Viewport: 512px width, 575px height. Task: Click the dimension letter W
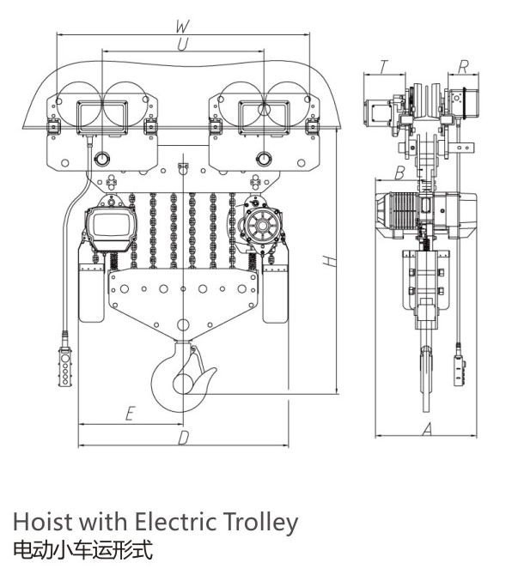click(x=182, y=27)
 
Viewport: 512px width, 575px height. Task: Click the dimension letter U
click(x=183, y=45)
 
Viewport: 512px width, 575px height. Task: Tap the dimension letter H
click(x=330, y=261)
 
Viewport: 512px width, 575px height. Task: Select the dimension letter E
click(x=130, y=413)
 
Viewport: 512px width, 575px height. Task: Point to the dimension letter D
click(x=184, y=438)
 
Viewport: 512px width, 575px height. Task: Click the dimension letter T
click(x=383, y=67)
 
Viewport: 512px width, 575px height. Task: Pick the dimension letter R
click(x=464, y=67)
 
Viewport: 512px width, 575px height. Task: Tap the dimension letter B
click(x=400, y=172)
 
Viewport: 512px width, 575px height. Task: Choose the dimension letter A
click(x=426, y=429)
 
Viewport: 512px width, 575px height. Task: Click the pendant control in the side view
click(x=460, y=370)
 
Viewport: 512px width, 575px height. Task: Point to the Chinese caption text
click(x=82, y=550)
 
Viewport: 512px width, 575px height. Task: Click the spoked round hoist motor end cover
click(x=261, y=225)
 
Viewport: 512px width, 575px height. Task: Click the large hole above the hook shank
click(x=183, y=324)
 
